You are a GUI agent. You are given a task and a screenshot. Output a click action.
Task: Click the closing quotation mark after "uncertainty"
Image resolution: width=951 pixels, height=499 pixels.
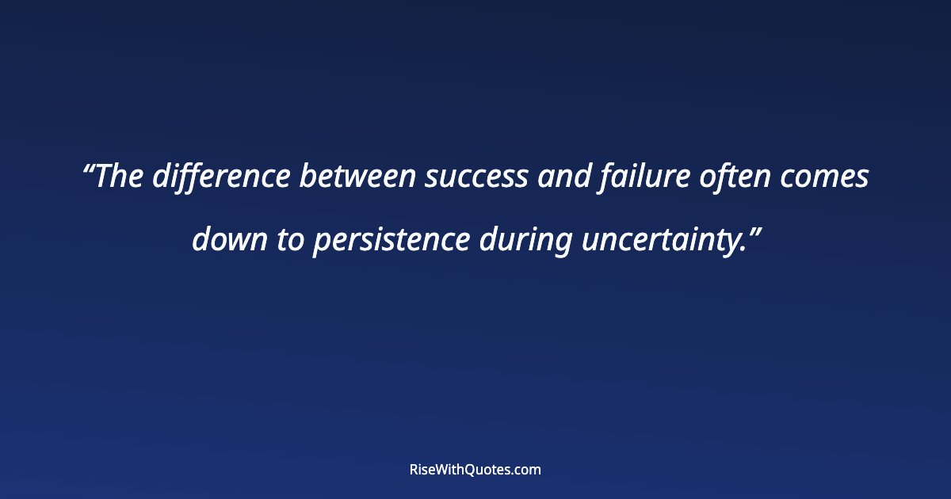coord(756,230)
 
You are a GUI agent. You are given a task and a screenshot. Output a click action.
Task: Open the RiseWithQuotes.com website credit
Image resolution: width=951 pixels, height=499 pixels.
coord(475,470)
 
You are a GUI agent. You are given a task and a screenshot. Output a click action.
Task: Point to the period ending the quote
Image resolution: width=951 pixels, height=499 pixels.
coord(745,249)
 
